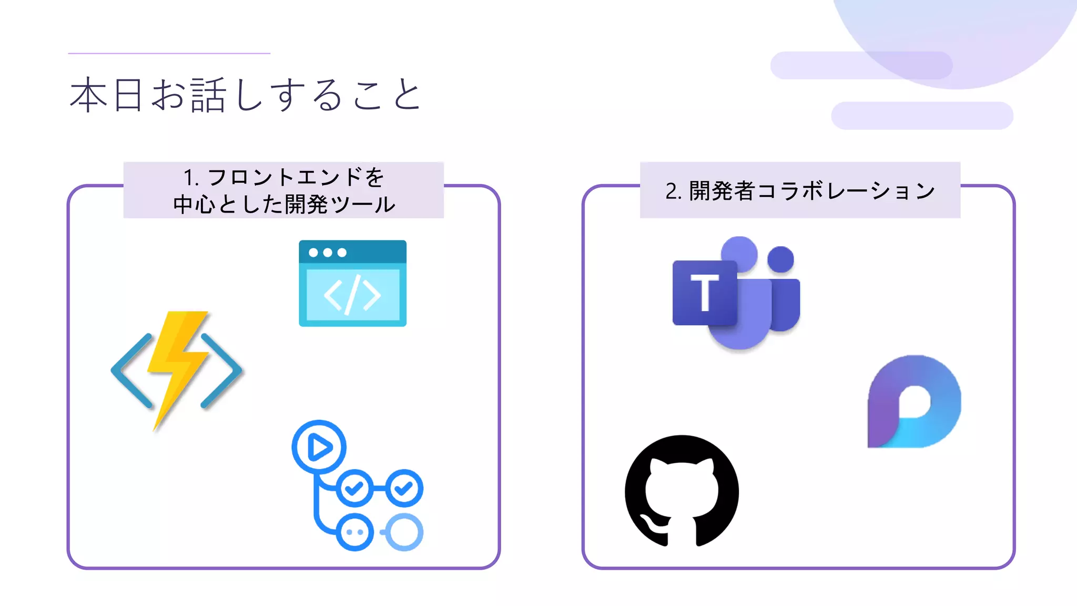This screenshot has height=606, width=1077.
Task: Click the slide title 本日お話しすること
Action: click(245, 95)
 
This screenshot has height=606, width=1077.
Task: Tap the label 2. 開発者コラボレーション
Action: click(800, 190)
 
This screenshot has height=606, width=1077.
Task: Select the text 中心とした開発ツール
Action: click(284, 204)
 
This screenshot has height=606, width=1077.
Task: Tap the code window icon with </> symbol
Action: click(352, 284)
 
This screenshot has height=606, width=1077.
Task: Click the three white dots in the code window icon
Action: click(327, 252)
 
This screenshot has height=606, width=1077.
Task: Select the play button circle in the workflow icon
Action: click(319, 447)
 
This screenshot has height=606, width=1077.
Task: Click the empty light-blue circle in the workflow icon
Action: click(404, 532)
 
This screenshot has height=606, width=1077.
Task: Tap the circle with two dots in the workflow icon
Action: click(355, 532)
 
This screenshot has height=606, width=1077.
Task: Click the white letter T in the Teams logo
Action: click(704, 292)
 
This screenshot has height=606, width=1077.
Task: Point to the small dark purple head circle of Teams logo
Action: click(780, 259)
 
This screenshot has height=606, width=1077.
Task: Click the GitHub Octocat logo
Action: click(682, 491)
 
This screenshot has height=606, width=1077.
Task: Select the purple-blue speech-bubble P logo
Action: click(914, 402)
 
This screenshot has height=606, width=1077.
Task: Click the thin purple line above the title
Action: click(169, 53)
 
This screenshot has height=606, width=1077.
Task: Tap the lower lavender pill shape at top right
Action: click(922, 116)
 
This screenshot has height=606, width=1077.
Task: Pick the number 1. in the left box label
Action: click(190, 178)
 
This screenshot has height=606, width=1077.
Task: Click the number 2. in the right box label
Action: click(673, 191)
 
